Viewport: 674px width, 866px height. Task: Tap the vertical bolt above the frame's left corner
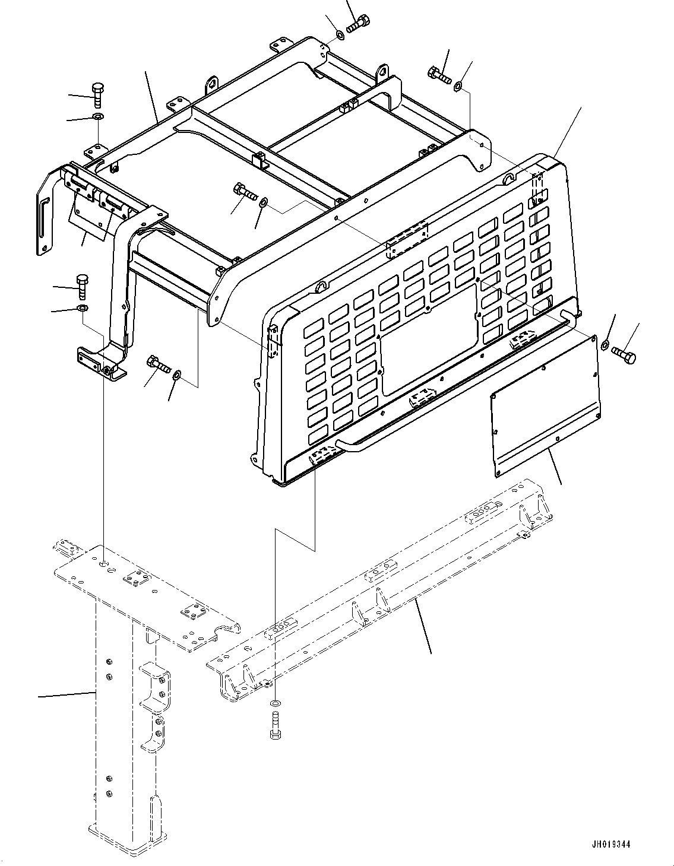coord(98,96)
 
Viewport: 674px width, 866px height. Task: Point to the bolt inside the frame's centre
coord(245,192)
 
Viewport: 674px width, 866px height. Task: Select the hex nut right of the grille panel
coord(605,344)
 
